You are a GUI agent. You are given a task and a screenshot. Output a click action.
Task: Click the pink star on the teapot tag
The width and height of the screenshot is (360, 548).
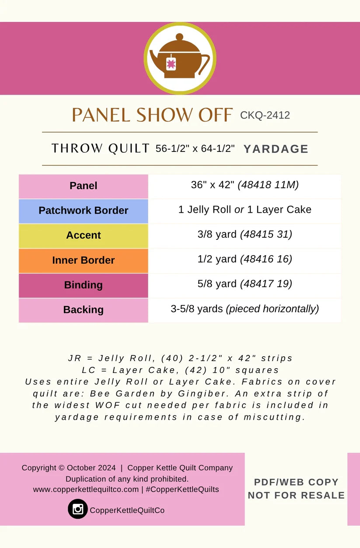coord(171,64)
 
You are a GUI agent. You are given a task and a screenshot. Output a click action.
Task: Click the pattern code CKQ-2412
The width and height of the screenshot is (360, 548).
coord(265,115)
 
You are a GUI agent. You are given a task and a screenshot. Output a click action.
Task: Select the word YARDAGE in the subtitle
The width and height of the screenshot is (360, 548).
coord(276,149)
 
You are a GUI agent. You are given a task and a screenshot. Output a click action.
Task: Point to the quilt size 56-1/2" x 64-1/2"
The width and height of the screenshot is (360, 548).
coord(195,148)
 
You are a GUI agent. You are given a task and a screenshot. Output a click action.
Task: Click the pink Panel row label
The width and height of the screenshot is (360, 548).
coord(84,186)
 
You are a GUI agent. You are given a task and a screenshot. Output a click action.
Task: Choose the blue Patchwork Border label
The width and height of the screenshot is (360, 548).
coord(84,211)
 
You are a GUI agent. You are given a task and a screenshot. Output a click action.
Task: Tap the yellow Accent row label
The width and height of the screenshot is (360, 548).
coord(84,236)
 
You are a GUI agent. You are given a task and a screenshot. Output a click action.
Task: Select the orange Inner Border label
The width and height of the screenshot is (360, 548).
coord(84,260)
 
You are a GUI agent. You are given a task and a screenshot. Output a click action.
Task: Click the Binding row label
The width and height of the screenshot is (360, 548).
coord(84,285)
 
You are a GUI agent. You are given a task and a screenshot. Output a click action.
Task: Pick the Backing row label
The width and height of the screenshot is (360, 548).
coord(84,310)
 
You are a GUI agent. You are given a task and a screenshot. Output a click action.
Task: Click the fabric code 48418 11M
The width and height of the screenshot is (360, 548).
coord(268,185)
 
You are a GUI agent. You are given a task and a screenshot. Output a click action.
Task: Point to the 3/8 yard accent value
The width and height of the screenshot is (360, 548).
coord(217,234)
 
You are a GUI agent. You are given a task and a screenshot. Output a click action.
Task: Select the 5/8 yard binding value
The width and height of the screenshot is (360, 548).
coord(217,284)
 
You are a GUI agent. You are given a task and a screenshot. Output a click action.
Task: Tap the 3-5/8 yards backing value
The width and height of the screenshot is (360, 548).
coord(197,309)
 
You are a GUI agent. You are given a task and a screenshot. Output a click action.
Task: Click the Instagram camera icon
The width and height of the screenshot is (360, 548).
coord(78,509)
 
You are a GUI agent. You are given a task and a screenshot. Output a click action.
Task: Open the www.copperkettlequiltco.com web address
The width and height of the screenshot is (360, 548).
coord(86,489)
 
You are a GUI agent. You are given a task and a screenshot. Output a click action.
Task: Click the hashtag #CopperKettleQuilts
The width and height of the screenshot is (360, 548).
coord(182,489)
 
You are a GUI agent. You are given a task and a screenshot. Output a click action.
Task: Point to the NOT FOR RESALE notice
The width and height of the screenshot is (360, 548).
coord(296,495)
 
